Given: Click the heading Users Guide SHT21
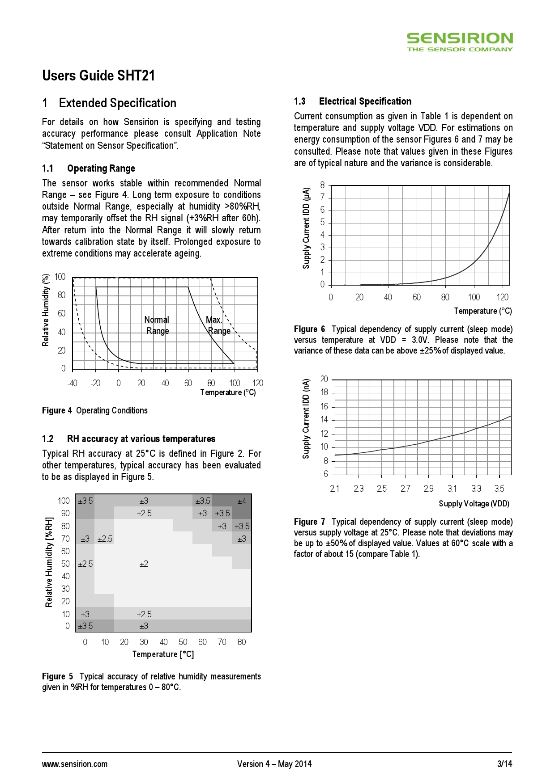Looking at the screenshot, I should pos(98,76).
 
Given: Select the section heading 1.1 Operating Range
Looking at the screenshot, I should pos(89,169).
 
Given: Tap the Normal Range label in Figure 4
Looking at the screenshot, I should pos(157,325).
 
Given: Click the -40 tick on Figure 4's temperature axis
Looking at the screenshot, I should pos(72,383).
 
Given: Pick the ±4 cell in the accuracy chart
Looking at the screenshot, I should pos(242,501).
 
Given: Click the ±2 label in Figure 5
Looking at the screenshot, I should pos(144,564).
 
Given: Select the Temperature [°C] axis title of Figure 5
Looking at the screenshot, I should pos(163,654).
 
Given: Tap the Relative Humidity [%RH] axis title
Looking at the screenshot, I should pos(49,562).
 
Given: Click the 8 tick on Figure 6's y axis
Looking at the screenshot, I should pos(322,185).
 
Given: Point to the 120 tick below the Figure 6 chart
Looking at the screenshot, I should pos(503,297).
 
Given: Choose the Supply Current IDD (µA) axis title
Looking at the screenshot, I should pos(306,228).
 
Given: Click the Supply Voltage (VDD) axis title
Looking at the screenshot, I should pos(474,504).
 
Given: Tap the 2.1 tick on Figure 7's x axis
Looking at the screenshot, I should pos(335,489).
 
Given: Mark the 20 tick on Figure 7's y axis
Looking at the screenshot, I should pos(324,379).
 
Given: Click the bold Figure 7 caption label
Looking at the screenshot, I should pos(309,522).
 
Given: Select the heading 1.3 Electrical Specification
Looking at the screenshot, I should pos(353,101).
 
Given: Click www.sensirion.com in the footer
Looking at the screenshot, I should pos(75,764).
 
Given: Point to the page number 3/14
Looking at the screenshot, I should pos(504,764).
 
